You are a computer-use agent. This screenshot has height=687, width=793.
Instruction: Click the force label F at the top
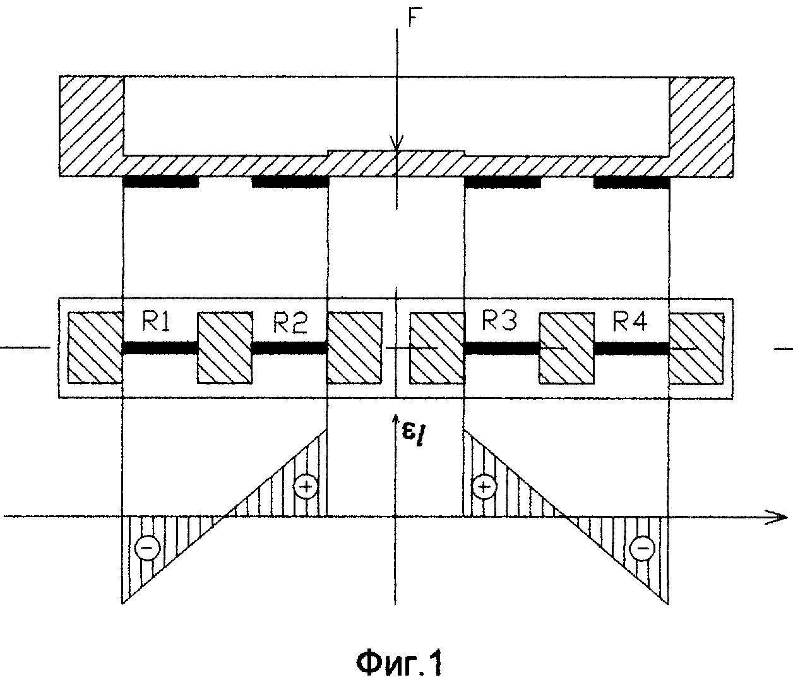[x=412, y=18]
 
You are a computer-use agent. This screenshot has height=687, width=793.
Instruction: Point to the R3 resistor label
[x=499, y=322]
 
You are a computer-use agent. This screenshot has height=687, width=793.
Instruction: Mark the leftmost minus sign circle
[x=146, y=548]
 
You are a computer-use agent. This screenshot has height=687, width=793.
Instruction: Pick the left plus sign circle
[x=306, y=486]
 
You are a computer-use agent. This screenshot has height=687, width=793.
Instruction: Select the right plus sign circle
[x=484, y=486]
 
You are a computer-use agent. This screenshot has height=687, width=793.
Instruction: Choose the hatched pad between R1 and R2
[x=225, y=347]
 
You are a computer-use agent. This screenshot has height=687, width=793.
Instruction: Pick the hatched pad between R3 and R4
[x=566, y=347]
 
